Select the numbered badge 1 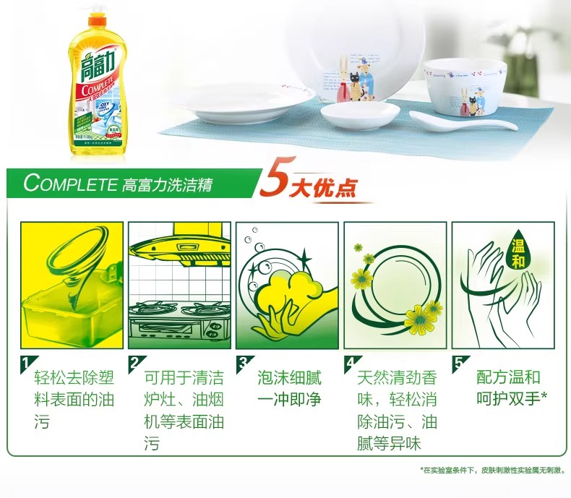click(26, 362)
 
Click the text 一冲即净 click(289, 399)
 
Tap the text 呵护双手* click(512, 399)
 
